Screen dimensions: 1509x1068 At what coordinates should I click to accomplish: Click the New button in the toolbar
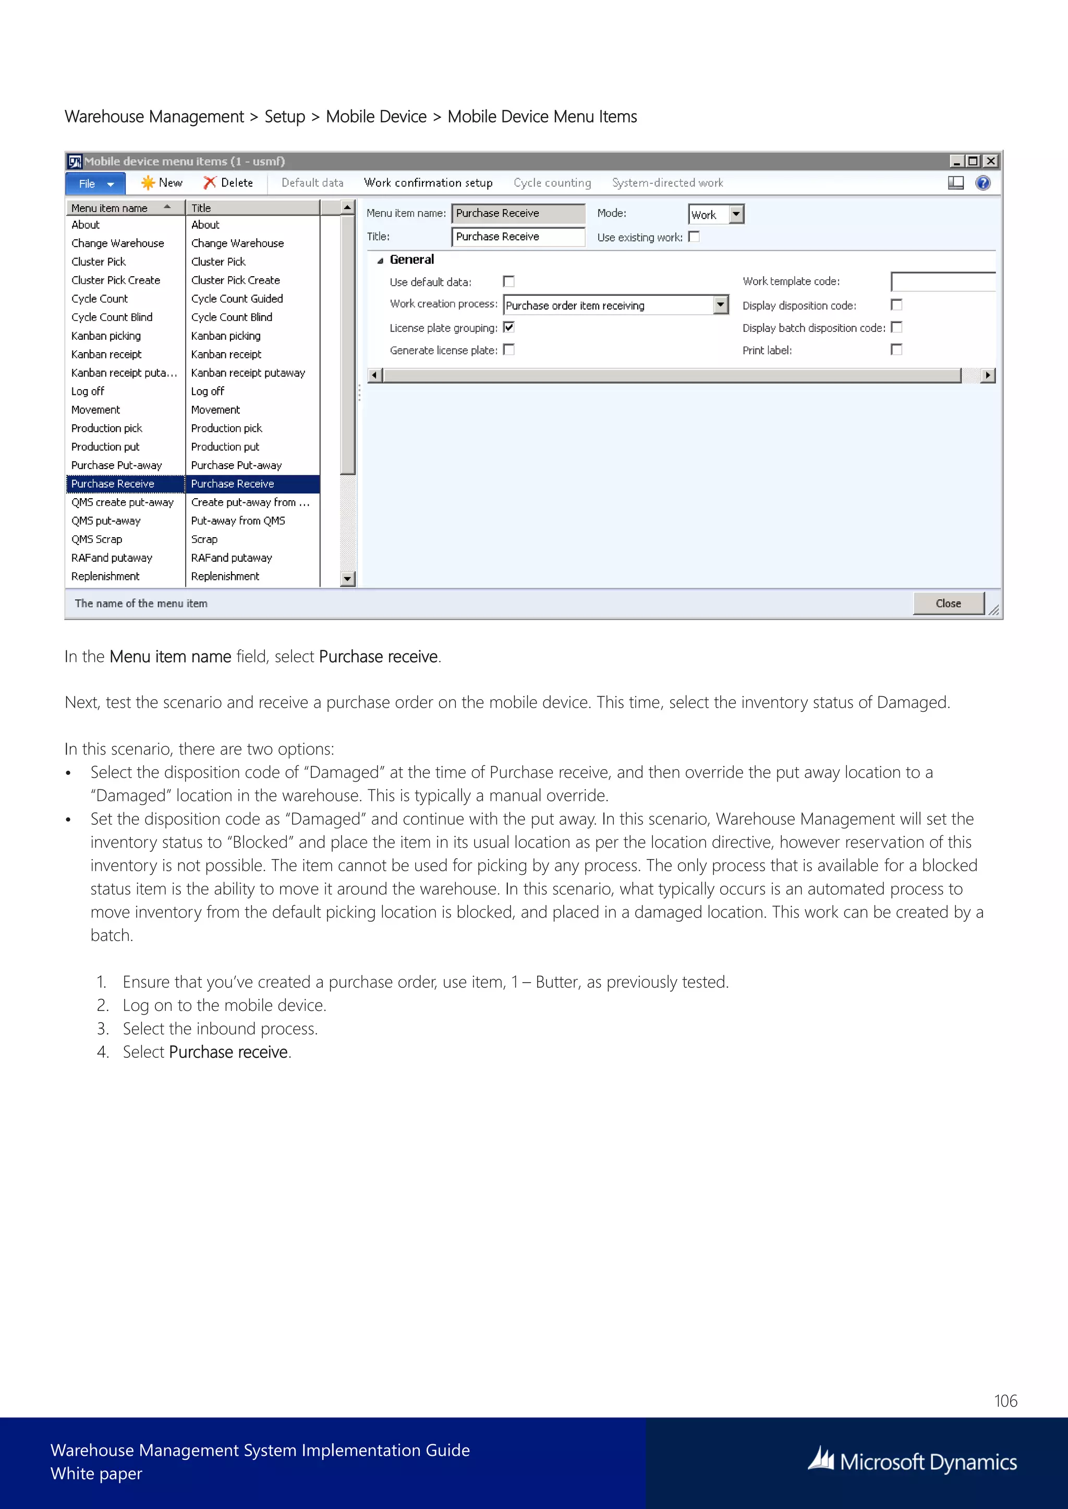162,183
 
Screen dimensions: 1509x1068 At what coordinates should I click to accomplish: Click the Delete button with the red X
228,183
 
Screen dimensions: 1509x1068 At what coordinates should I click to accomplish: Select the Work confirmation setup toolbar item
428,183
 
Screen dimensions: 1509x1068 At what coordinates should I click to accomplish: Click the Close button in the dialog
948,603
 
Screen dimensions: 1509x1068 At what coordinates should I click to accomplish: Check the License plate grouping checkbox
508,327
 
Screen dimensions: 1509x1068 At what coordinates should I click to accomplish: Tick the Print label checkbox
896,350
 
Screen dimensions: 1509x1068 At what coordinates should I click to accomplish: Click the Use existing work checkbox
694,237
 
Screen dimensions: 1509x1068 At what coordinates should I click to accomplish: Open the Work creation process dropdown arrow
721,305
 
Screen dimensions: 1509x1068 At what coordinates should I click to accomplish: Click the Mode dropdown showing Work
715,214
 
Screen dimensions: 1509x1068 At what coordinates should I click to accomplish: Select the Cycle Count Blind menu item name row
112,317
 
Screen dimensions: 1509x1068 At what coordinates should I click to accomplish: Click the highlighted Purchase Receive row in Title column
233,484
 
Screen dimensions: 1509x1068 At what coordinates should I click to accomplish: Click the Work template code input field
942,281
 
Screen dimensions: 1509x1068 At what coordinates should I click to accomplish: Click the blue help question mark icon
982,183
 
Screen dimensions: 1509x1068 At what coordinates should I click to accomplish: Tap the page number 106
1005,1401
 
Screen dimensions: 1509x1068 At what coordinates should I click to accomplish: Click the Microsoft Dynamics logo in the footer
912,1462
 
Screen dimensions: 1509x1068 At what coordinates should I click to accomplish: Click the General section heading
411,259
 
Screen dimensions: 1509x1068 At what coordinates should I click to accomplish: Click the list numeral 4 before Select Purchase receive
103,1052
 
